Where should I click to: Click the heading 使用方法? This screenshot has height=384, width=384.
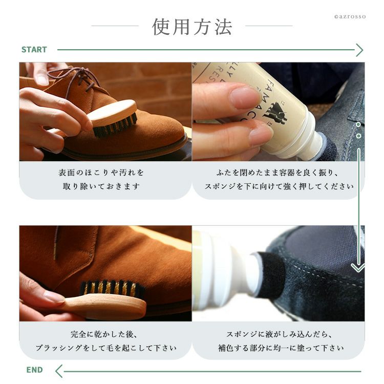coord(192,27)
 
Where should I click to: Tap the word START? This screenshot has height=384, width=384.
coord(34,50)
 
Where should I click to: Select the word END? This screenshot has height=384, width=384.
coord(34,370)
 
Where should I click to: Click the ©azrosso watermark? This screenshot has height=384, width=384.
coord(350,17)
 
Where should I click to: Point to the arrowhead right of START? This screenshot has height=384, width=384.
coord(359,50)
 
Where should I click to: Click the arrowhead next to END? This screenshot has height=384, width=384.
coord(59,371)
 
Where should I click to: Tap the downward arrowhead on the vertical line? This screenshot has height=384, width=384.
coord(358,268)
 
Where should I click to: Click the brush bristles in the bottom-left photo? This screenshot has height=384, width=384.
coord(113,288)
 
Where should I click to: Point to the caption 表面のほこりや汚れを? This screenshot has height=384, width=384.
coord(101,173)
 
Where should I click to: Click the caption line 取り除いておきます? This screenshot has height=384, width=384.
coord(101,186)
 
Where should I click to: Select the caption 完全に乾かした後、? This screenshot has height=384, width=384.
coord(103,334)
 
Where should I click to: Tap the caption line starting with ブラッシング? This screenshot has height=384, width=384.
coord(106,348)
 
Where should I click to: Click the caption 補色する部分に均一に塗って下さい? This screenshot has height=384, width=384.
coord(281,348)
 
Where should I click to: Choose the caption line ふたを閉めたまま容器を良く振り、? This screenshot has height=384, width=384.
coord(278,173)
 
